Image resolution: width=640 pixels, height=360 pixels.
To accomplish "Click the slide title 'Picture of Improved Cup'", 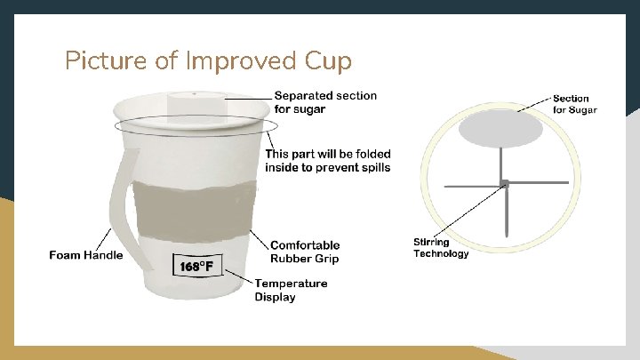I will pos(208,60).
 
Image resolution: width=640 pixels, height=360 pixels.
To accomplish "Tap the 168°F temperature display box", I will pos(196,265).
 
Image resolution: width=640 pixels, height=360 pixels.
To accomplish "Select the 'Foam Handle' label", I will pos(85,256).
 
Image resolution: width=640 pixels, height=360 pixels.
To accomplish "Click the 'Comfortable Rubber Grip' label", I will pos(305,252).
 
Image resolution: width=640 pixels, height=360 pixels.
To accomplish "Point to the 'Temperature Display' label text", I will pos(291,290).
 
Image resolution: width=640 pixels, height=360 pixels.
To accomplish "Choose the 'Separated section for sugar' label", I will pos(324,102).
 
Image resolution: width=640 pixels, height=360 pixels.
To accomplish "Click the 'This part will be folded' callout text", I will pos(327,161).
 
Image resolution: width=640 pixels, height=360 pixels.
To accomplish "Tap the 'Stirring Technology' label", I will pos(440,248).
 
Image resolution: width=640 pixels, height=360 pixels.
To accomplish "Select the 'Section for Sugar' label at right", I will pos(574,104).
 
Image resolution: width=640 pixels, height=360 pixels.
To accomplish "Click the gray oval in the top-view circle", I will pos(501,128).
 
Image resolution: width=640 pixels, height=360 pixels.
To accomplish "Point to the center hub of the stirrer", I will pos(503,184).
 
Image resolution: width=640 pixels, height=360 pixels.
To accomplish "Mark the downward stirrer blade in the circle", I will pos(505,213).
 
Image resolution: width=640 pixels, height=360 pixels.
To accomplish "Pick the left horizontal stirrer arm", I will pos(471,186).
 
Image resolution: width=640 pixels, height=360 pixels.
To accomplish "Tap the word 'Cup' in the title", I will pos(328,60).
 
